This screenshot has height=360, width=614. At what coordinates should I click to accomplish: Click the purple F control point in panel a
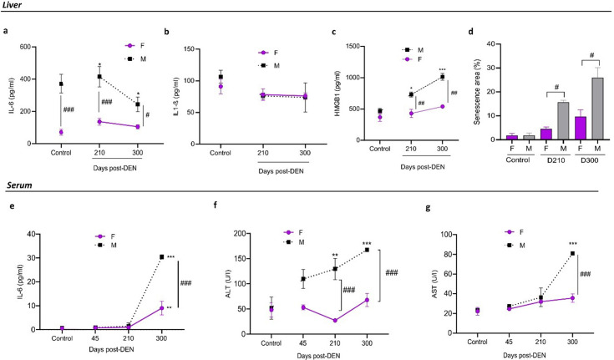[x=62, y=132]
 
